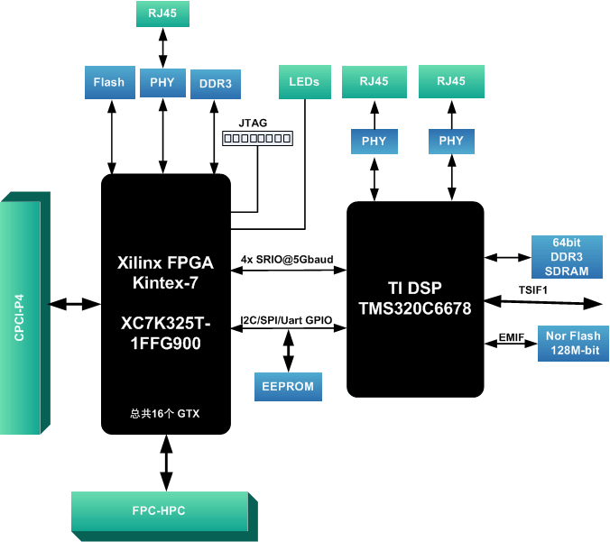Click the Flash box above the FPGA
click(109, 82)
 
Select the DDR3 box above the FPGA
click(215, 83)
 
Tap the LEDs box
click(304, 81)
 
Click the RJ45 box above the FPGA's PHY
click(162, 14)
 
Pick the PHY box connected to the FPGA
click(162, 82)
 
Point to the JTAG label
click(253, 123)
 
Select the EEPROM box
click(288, 386)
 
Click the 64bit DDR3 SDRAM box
click(559, 257)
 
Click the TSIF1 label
click(533, 289)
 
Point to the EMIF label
click(512, 337)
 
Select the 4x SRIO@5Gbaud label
click(287, 260)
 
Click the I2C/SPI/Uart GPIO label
click(288, 320)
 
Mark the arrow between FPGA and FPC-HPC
click(165, 464)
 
